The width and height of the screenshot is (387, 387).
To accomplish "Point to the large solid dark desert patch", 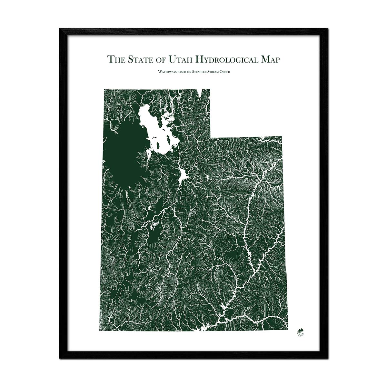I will coord(119,155).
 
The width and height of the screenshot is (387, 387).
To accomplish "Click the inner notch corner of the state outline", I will coord(210,137).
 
